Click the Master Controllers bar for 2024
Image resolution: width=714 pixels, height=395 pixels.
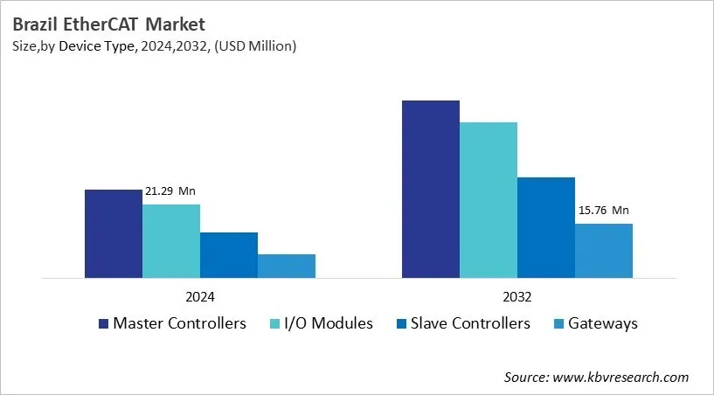[x=113, y=233]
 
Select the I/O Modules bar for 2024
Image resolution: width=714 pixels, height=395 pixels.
[x=171, y=241]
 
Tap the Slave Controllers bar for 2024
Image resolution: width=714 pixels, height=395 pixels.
[x=229, y=255]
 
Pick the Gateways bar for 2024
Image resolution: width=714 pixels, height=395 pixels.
[x=287, y=267]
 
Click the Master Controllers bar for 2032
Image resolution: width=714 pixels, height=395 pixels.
[x=430, y=190]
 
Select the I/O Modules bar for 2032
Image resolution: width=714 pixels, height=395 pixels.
[x=488, y=200]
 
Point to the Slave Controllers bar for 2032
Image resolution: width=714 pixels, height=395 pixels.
[x=546, y=228]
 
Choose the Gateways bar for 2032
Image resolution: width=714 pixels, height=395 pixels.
[x=604, y=251]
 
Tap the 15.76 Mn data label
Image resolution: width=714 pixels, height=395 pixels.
[x=603, y=211]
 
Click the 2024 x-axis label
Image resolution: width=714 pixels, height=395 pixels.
[x=199, y=296]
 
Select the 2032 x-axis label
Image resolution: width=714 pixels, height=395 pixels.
[x=516, y=296]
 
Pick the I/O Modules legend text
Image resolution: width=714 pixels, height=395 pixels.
[x=329, y=323]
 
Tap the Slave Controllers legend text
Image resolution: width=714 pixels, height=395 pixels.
[x=475, y=323]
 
